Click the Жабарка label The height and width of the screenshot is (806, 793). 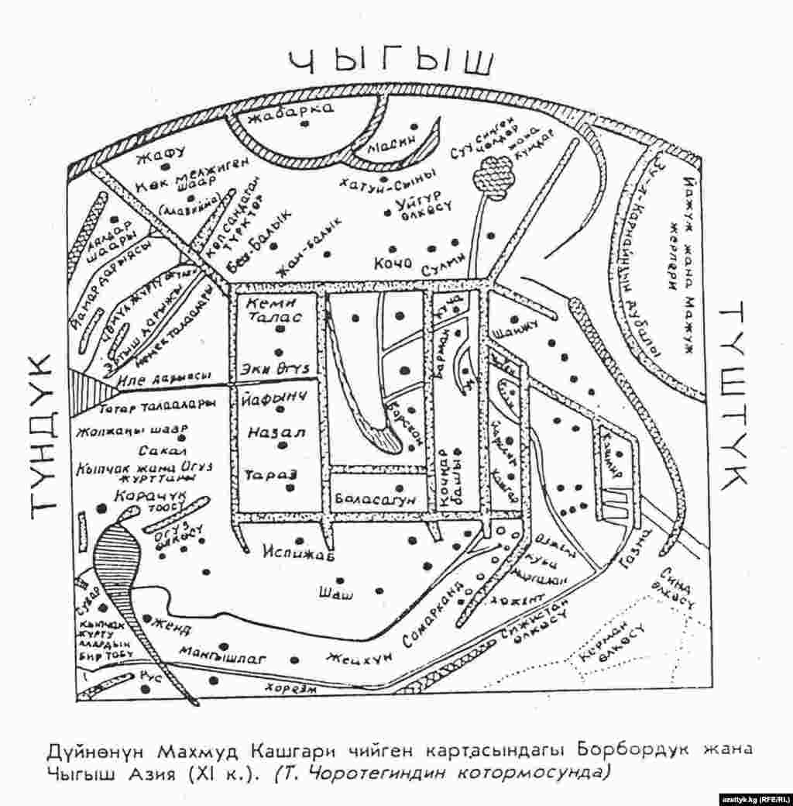coord(291,115)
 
